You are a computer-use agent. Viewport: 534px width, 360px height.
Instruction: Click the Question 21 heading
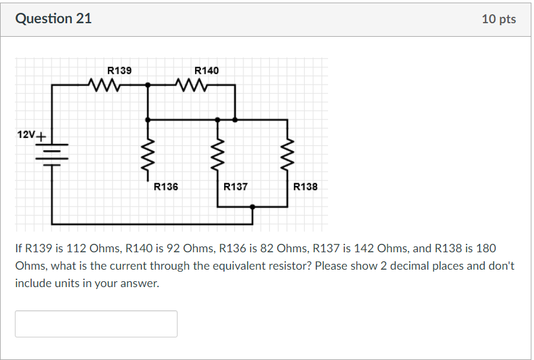point(54,19)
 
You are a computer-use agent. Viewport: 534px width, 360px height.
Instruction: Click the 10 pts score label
point(498,19)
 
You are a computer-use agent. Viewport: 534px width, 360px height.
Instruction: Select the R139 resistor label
point(119,70)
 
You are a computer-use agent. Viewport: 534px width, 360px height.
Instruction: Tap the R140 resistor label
point(206,70)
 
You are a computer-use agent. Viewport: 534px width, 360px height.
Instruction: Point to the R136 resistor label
point(166,187)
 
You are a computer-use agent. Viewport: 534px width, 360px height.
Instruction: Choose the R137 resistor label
point(235,187)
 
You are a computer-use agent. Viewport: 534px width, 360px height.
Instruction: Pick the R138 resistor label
point(305,187)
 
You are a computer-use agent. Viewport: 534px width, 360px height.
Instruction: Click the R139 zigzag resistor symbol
point(104,85)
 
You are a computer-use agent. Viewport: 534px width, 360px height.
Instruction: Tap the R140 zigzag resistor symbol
point(191,85)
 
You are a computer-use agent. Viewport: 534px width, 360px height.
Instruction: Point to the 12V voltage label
point(26,135)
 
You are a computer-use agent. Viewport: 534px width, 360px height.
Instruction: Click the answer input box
point(96,324)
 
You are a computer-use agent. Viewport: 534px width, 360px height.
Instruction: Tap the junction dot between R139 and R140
point(149,85)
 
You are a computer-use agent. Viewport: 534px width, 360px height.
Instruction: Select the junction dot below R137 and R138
point(252,207)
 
